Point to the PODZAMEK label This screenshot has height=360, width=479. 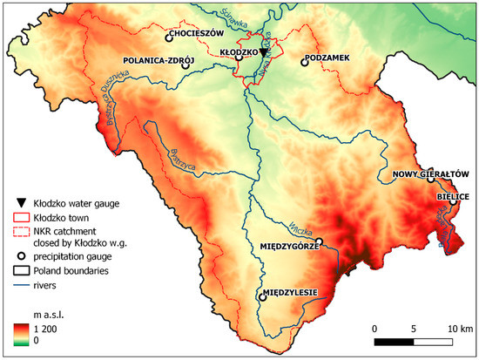pyautogui.click(x=331, y=58)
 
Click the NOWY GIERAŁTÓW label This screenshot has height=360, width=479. pyautogui.click(x=431, y=173)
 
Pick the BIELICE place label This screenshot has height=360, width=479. pyautogui.click(x=453, y=198)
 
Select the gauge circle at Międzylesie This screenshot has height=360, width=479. pyautogui.click(x=262, y=296)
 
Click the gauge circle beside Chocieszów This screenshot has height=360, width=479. pyautogui.click(x=167, y=37)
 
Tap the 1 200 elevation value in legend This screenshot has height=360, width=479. pyautogui.click(x=46, y=329)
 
